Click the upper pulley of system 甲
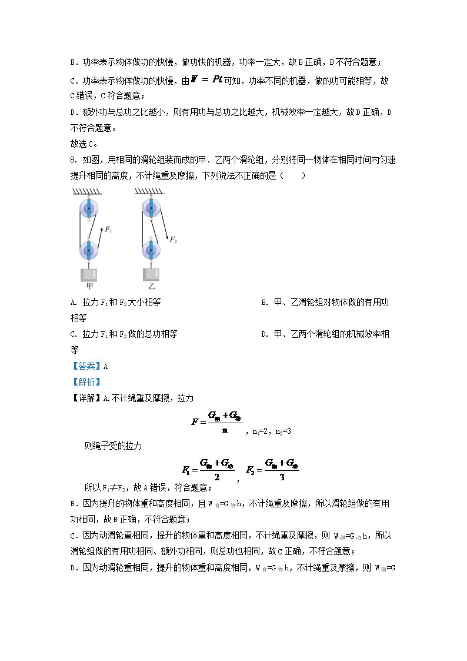(89, 210)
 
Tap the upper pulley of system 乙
(151, 210)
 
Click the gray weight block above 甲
(89, 274)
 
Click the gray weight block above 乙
(151, 274)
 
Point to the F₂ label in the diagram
(173, 240)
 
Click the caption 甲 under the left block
(89, 287)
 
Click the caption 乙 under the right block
(152, 287)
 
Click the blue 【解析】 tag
(82, 382)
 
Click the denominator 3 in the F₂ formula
(282, 477)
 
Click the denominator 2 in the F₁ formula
(216, 477)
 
